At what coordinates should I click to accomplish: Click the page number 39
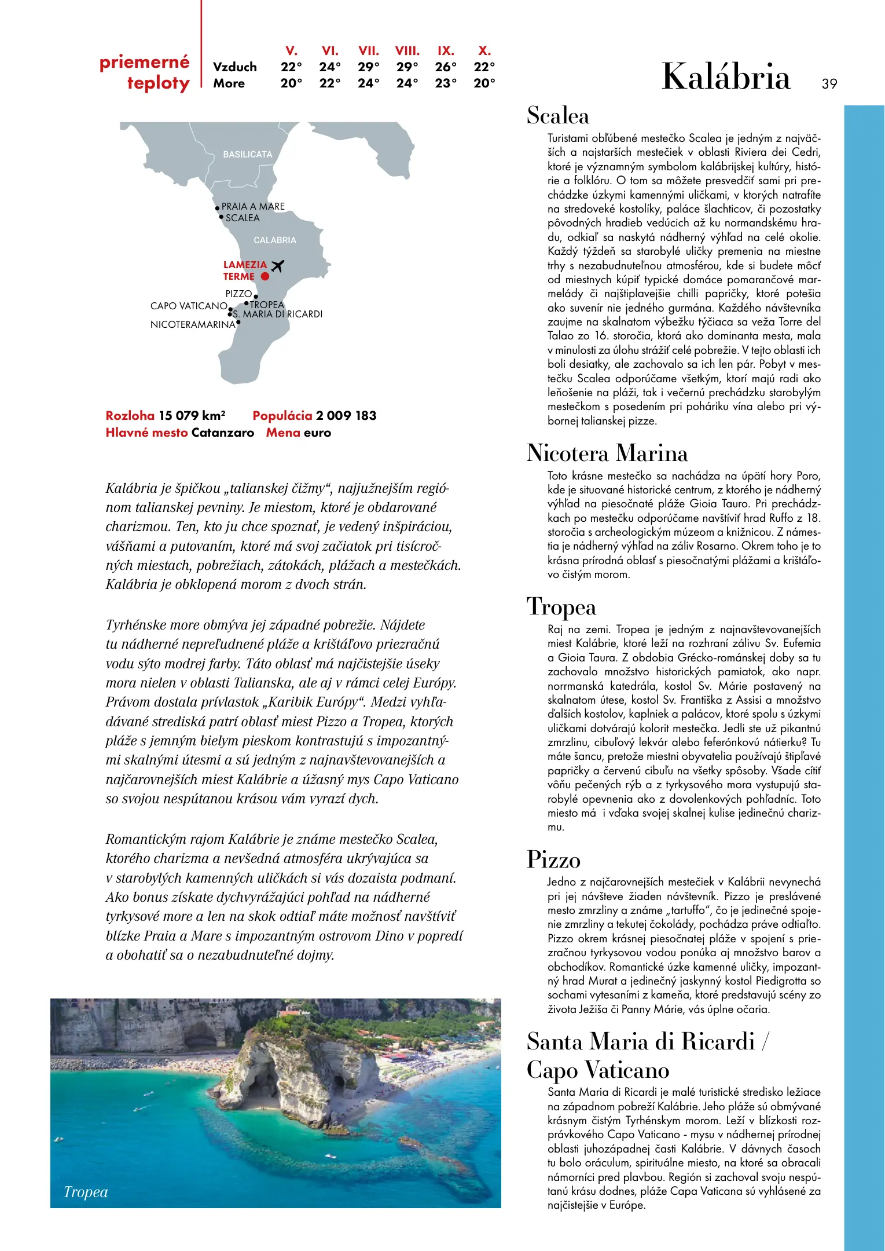pyautogui.click(x=829, y=84)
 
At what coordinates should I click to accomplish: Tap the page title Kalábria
pyautogui.click(x=726, y=76)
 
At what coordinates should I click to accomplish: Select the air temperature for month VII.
pyautogui.click(x=369, y=67)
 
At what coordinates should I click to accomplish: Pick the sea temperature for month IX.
pyautogui.click(x=446, y=83)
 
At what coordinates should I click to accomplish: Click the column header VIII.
pyautogui.click(x=407, y=51)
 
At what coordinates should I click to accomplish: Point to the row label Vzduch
pyautogui.click(x=234, y=67)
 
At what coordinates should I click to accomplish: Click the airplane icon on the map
pyautogui.click(x=278, y=266)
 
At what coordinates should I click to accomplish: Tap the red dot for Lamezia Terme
pyautogui.click(x=265, y=277)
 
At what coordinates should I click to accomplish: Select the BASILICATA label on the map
pyautogui.click(x=247, y=155)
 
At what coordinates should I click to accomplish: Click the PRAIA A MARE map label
pyautogui.click(x=253, y=206)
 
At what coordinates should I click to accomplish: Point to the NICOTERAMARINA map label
pyautogui.click(x=193, y=324)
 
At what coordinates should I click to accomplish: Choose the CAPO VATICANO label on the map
pyautogui.click(x=189, y=306)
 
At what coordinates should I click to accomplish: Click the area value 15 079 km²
pyautogui.click(x=192, y=415)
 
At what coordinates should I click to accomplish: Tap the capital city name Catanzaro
pyautogui.click(x=223, y=433)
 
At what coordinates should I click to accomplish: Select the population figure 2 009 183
pyautogui.click(x=346, y=415)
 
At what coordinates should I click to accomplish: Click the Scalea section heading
pyautogui.click(x=558, y=116)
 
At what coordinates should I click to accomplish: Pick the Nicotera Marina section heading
pyautogui.click(x=607, y=453)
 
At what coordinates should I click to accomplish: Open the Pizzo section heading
pyautogui.click(x=553, y=859)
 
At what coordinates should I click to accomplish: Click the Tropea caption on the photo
pyautogui.click(x=86, y=1192)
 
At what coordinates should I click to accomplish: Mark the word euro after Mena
pyautogui.click(x=317, y=433)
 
